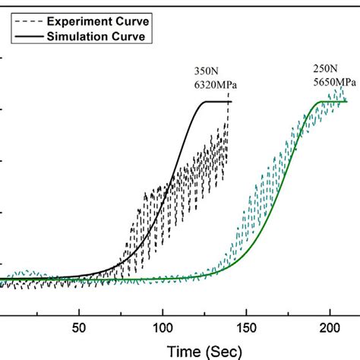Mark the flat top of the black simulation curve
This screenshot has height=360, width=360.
(x=216, y=102)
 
